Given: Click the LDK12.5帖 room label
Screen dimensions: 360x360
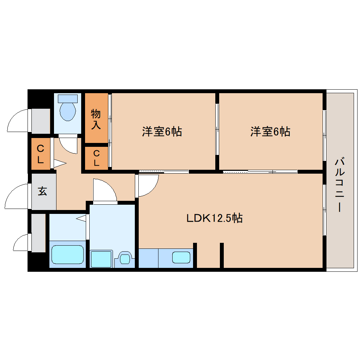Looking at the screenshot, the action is (215, 218).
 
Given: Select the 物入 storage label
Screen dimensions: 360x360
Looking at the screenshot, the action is (96, 119).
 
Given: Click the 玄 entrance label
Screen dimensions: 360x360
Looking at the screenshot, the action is (42, 191).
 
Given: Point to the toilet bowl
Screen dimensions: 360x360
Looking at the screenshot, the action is (68, 111).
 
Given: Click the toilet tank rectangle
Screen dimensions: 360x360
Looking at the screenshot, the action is (68, 99).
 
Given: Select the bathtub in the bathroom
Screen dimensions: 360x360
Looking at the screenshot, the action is (67, 254).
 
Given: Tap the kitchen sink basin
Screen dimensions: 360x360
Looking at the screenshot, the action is (181, 257).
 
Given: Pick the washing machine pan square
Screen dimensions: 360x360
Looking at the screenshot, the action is (101, 259).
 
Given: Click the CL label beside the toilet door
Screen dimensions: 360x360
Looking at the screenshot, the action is (40, 154).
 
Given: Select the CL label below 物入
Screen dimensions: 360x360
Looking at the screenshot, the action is (96, 158).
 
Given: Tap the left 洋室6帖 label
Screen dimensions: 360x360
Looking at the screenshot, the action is (162, 132).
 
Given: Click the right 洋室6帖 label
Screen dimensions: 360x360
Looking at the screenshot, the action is (270, 132).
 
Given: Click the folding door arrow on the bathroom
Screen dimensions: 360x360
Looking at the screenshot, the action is (81, 218).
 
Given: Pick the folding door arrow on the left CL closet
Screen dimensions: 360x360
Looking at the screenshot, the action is (60, 163).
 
